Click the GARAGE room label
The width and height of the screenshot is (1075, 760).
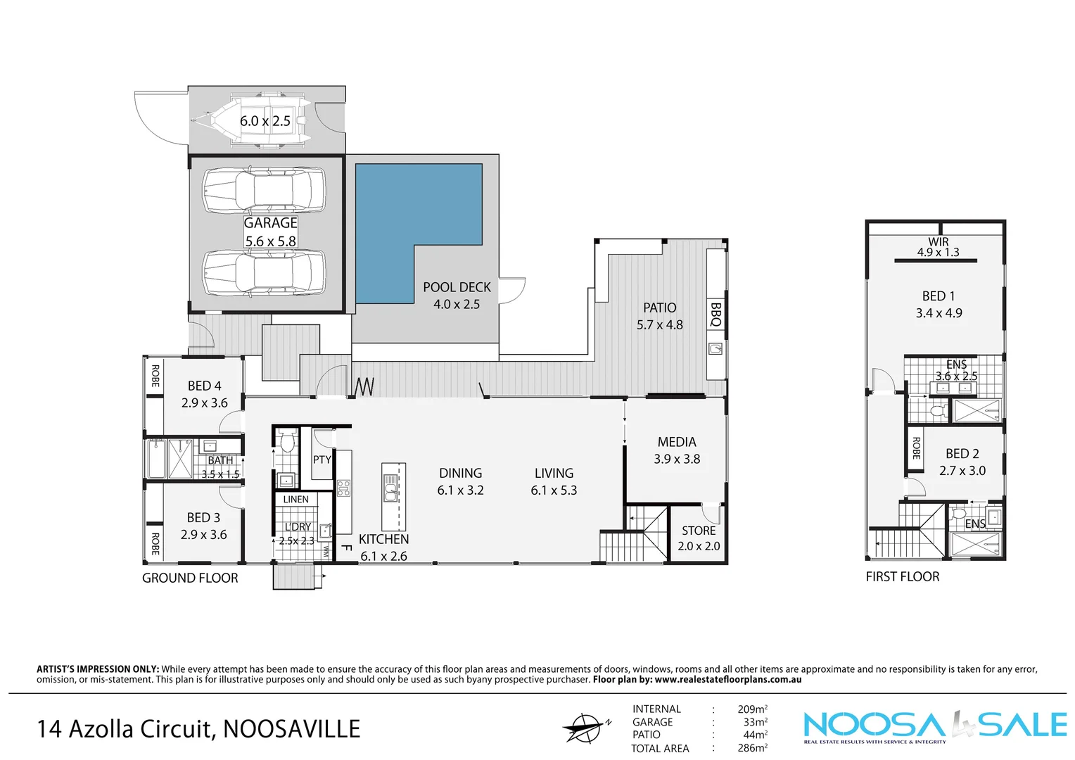click(270, 223)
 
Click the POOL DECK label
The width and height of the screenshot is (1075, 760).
click(457, 287)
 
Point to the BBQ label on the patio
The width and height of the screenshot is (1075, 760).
click(715, 315)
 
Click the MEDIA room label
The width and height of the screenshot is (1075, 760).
click(676, 442)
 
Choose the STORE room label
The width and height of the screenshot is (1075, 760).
click(698, 531)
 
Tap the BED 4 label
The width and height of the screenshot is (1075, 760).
click(204, 386)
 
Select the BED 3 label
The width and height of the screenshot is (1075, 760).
click(203, 517)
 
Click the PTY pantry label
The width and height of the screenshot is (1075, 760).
click(322, 460)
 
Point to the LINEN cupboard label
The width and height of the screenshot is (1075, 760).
click(295, 500)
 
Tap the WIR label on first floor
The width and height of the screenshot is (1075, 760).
click(938, 241)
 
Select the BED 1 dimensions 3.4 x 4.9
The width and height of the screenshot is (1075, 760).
click(939, 313)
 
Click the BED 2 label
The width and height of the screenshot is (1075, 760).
click(962, 454)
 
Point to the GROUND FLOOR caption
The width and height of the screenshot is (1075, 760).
click(190, 578)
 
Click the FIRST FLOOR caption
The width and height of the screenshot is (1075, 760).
click(902, 576)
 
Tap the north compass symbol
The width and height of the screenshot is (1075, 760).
click(585, 727)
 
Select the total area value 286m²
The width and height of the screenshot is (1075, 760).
click(752, 748)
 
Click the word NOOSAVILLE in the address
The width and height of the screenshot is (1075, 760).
click(291, 729)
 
